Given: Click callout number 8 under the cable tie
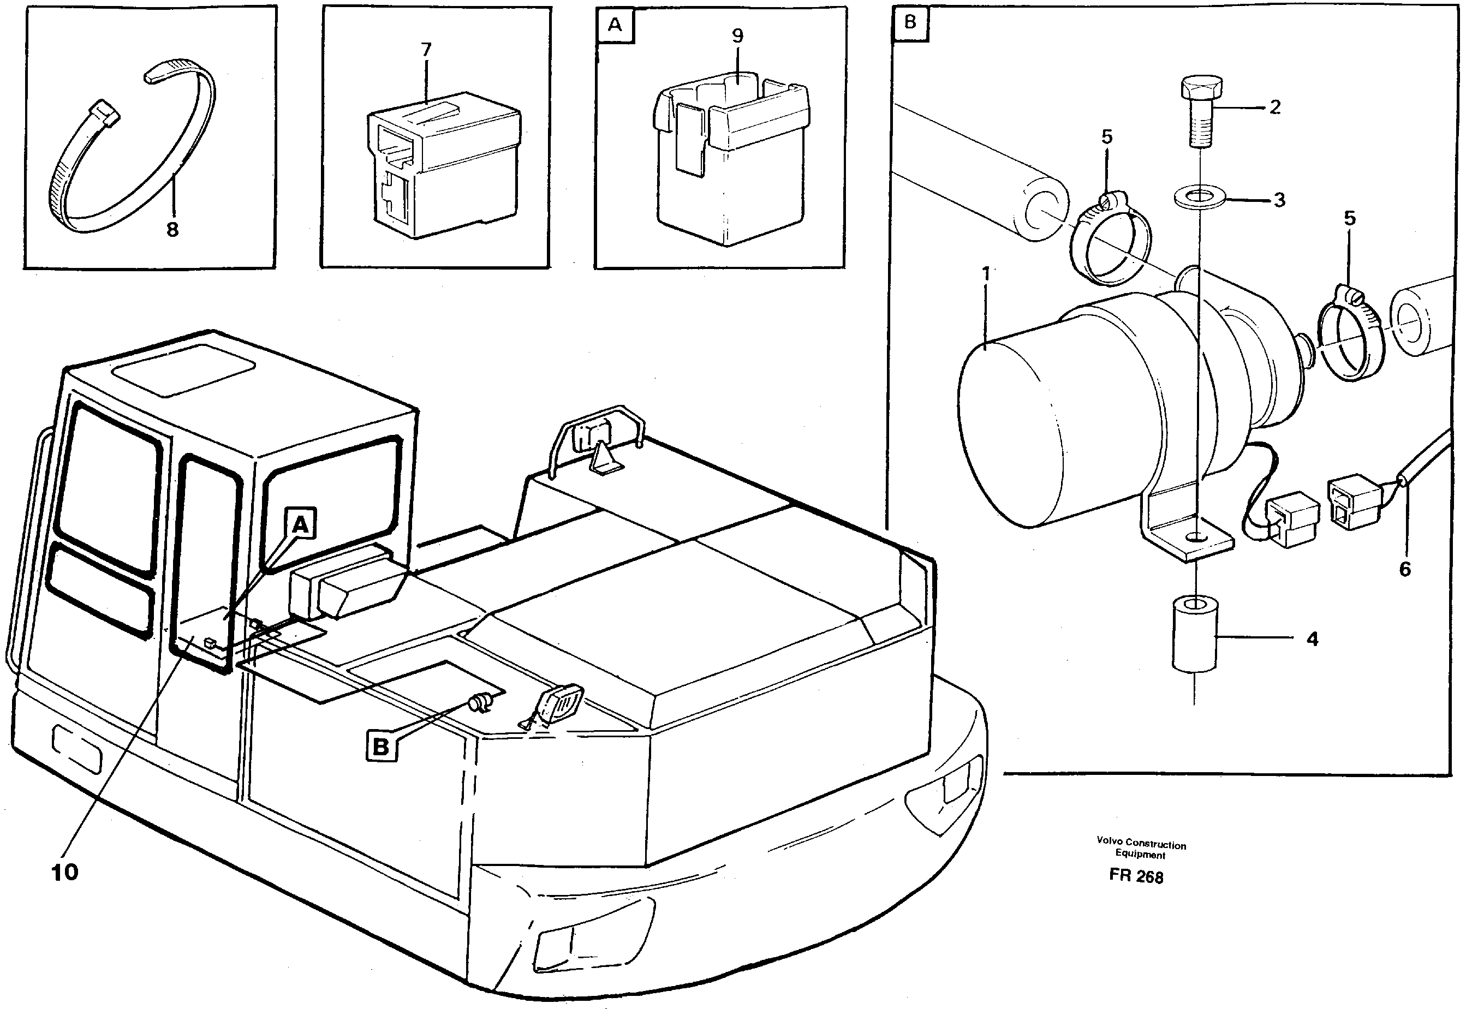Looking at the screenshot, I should tap(172, 230).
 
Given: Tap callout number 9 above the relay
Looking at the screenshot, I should tap(738, 36).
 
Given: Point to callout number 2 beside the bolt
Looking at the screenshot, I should tap(1275, 108).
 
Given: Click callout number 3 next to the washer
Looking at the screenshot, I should tap(1279, 200).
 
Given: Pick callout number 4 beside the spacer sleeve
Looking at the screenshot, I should tap(1313, 639).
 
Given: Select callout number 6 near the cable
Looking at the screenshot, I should tap(1405, 569).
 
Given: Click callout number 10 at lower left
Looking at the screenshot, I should tap(64, 873).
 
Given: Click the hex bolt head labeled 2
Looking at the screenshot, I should tap(1201, 88).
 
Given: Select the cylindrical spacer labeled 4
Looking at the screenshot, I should tap(1194, 632).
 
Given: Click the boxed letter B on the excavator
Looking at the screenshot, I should tap(381, 747).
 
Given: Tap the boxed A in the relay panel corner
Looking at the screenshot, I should tap(615, 25).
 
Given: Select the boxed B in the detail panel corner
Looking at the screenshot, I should tap(910, 23).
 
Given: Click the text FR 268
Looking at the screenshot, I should tap(1136, 876).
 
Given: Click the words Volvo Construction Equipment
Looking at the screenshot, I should tap(1141, 849).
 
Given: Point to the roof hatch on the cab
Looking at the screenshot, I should tap(184, 369).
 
